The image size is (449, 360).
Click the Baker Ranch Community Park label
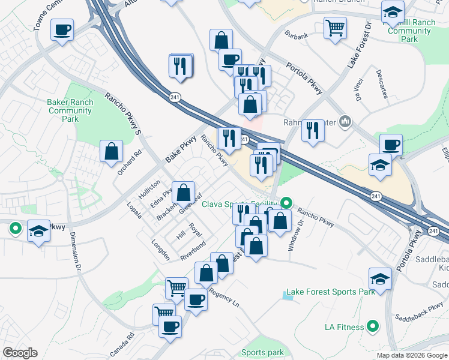coord(70,110)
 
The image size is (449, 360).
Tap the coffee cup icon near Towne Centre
coord(62,29)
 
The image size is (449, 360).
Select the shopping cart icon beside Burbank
coord(335,27)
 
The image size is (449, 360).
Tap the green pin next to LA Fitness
coord(373,326)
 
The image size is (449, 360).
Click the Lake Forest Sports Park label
coord(331,292)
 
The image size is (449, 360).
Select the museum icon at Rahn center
coord(345,122)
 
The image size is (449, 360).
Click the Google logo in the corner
coord(20,353)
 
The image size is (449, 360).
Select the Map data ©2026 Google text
coord(412,355)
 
